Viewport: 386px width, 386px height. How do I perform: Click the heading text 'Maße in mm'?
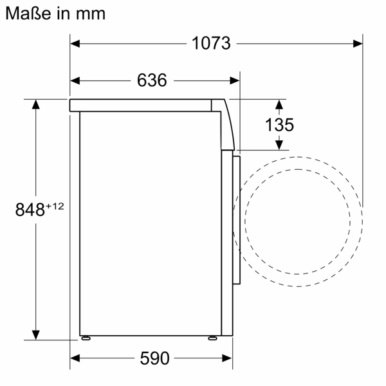click(x=55, y=12)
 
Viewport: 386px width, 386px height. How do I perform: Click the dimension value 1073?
click(x=211, y=44)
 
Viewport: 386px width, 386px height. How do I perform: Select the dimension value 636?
click(x=152, y=80)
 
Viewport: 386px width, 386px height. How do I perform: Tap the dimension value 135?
click(x=279, y=125)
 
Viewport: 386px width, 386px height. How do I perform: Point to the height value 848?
click(x=30, y=209)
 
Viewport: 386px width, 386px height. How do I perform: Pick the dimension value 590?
click(x=152, y=358)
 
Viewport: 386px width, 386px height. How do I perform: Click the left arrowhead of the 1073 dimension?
click(x=75, y=44)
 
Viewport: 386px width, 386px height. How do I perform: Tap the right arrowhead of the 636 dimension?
click(x=235, y=80)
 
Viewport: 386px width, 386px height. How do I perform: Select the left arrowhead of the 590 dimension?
click(x=75, y=358)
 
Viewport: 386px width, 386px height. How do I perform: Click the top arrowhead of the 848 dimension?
click(x=36, y=104)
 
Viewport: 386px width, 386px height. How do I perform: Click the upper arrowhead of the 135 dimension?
click(x=279, y=104)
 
